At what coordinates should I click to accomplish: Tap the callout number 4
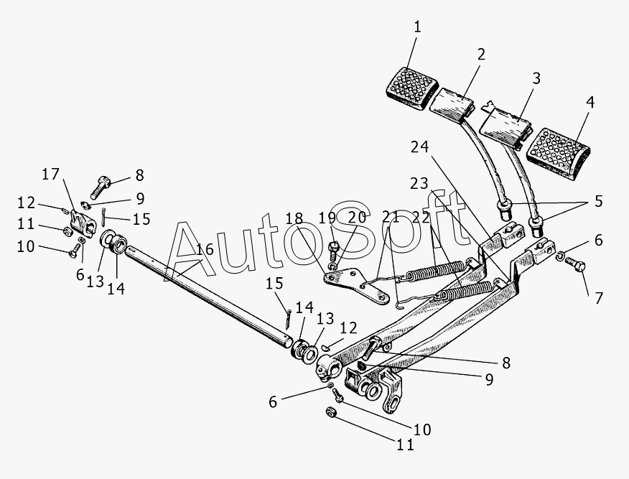click(590, 103)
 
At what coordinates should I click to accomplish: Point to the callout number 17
click(50, 175)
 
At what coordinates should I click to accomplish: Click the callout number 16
click(205, 249)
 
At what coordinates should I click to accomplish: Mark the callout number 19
click(327, 218)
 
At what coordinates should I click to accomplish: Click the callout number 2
click(480, 54)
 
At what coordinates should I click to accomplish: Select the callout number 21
click(390, 218)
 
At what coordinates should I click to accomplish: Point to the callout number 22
click(420, 218)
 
